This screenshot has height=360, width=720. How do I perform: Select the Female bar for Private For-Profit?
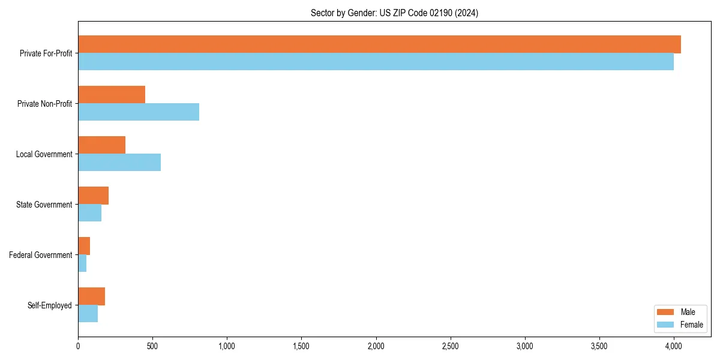pos(376,62)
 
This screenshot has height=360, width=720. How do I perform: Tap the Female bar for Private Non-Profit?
pos(139,112)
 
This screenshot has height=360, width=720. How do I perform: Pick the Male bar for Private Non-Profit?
pos(112,95)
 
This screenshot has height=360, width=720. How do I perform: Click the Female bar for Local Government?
pos(119,163)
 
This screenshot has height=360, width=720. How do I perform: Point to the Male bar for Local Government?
pos(101,145)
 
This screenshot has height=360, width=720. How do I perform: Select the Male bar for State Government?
pos(93,196)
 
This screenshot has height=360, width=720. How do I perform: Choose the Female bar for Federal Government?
pos(82,263)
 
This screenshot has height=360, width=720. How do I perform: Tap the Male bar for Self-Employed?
pos(91,296)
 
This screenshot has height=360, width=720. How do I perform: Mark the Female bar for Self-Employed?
pos(88,314)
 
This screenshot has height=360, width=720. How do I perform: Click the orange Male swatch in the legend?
pos(666,312)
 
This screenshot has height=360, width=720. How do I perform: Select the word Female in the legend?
pos(692,325)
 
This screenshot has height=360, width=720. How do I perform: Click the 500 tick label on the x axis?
pos(152,346)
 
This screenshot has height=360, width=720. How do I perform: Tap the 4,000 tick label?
pos(673,346)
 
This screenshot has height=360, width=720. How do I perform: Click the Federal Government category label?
pos(40,255)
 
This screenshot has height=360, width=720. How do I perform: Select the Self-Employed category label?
pos(49,305)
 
